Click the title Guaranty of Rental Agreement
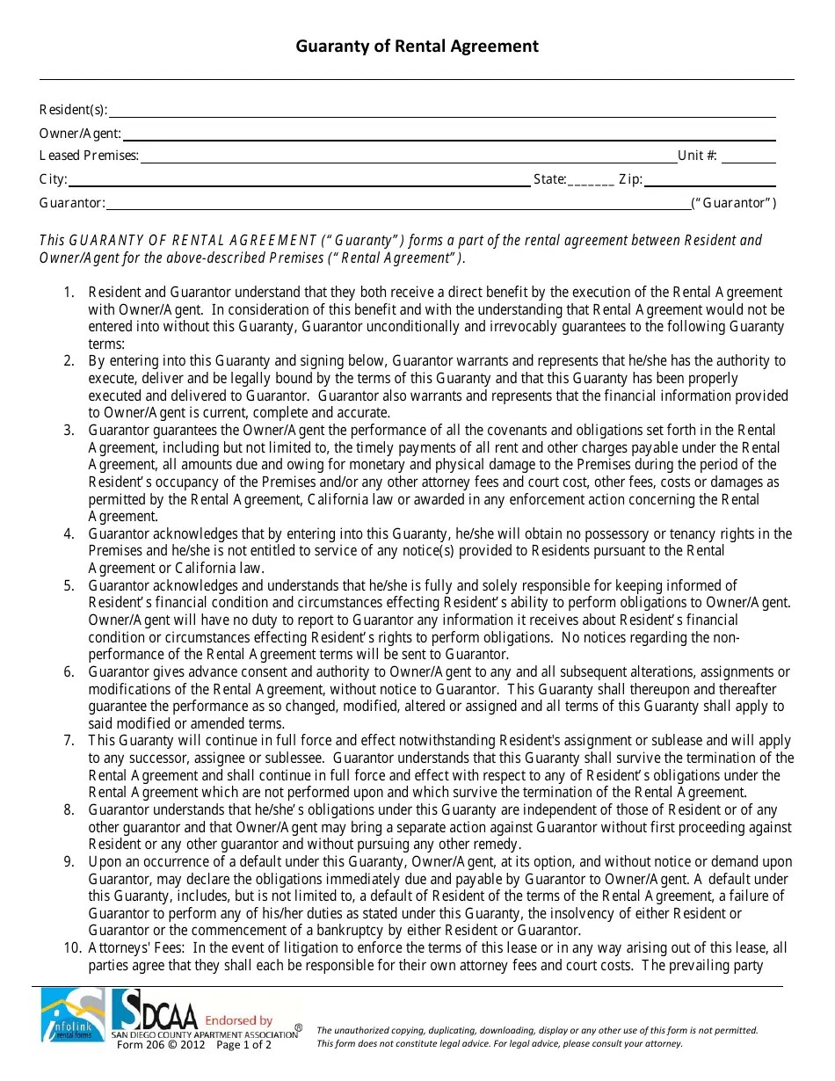417,47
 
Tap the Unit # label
697,156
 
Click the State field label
549,179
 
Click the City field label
53,179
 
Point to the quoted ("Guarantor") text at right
734,203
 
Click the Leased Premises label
89,156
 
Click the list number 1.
69,293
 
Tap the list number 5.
69,585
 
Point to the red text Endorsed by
238,1020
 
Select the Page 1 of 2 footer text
243,1045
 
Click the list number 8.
69,810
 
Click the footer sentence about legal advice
499,1043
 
